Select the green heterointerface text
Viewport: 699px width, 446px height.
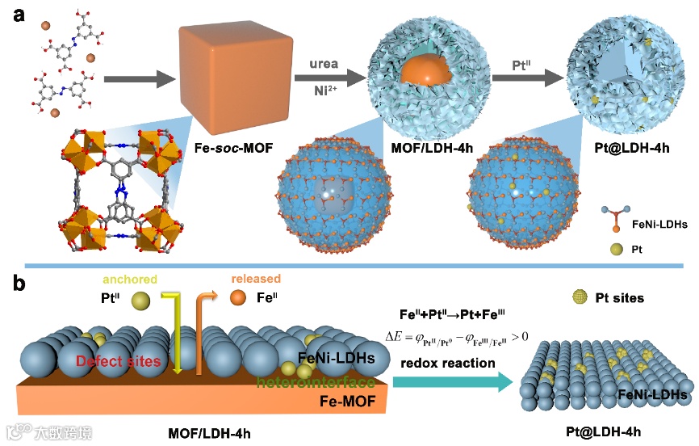click(316, 381)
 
